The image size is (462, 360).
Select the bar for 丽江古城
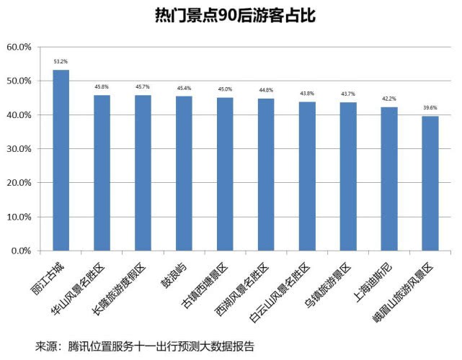pos(61,161)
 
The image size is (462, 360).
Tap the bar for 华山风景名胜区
pos(102,173)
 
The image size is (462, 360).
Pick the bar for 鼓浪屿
pos(185,174)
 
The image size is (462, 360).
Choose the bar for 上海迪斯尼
pos(389,179)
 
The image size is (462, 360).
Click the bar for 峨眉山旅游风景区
pos(430,184)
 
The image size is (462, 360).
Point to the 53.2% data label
pos(61,62)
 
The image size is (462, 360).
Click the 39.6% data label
pos(430,108)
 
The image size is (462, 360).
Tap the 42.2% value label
pos(389,99)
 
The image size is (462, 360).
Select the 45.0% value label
pos(225,89)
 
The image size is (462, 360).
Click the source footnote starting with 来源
pos(144,346)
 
